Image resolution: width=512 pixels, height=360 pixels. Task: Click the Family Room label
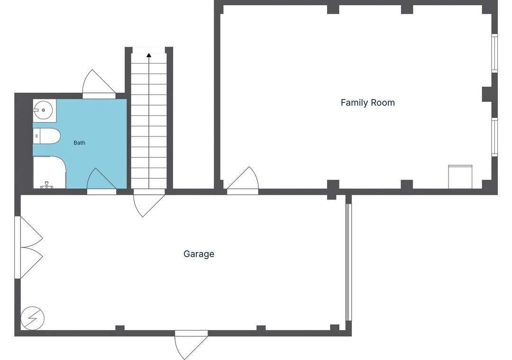click(368, 103)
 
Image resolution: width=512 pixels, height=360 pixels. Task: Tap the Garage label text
click(199, 254)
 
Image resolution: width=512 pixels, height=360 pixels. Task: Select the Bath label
click(79, 143)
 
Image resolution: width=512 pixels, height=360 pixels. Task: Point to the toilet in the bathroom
click(46, 136)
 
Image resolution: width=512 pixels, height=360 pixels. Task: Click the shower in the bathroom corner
click(49, 172)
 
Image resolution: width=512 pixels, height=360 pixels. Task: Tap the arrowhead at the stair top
click(149, 55)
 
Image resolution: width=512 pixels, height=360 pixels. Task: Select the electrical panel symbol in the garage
click(32, 318)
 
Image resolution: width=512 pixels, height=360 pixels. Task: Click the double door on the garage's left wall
click(29, 247)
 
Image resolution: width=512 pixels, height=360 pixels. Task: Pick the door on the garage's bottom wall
click(192, 344)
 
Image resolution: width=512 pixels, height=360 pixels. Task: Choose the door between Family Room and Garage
click(243, 181)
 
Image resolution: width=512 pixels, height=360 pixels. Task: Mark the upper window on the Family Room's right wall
click(494, 53)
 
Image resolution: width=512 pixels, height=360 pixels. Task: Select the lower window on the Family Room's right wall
click(494, 137)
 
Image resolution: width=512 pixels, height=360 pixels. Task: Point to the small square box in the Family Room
click(460, 177)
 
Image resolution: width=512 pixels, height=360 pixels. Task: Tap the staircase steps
click(149, 121)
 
